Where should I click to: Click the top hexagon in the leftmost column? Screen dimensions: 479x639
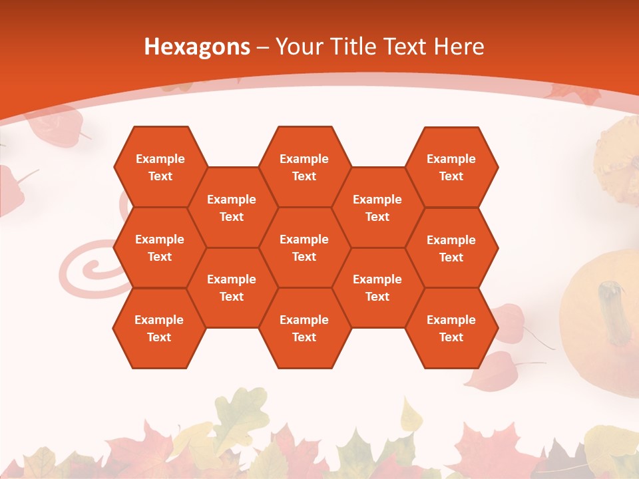point(160,167)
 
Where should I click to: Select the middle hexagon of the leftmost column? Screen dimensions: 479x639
point(160,247)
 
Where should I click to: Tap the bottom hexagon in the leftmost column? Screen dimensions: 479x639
point(159,328)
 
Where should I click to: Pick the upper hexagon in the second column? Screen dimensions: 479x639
point(232,208)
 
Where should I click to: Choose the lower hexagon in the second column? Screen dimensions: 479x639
point(232,287)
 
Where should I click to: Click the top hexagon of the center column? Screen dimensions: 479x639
point(304,167)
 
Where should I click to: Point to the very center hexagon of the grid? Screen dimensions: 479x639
point(304,247)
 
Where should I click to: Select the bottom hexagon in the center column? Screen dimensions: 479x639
point(304,328)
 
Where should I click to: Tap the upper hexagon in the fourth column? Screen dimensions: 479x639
point(377,208)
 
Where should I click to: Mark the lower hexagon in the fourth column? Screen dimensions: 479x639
point(377,287)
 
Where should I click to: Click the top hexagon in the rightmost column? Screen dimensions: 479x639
point(451,167)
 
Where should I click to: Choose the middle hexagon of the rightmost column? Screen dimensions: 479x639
point(451,248)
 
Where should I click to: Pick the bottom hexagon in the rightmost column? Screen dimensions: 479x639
point(451,328)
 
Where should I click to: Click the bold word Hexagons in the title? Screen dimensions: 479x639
point(197,47)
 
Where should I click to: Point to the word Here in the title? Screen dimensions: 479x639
point(459,47)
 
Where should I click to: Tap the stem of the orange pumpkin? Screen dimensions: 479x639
point(616,309)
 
